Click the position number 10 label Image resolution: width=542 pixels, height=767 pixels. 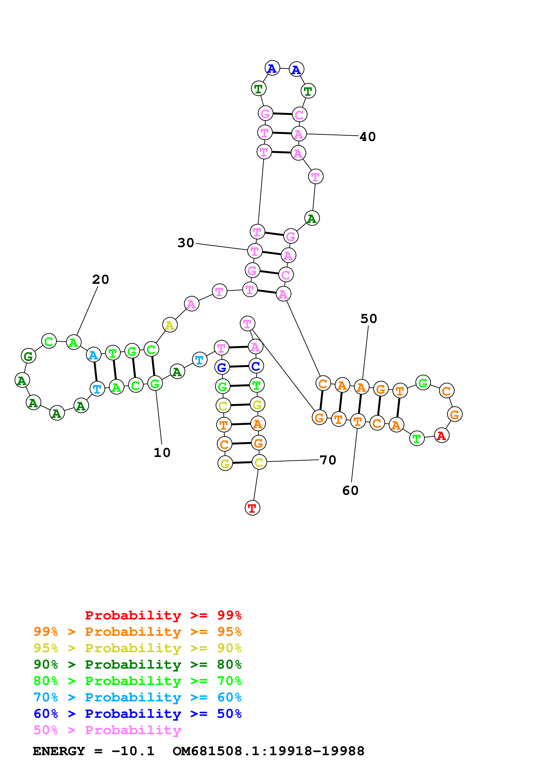click(162, 453)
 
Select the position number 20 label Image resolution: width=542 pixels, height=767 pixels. click(101, 280)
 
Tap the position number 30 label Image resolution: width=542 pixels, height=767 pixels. click(186, 243)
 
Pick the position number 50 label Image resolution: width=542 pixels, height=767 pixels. click(369, 319)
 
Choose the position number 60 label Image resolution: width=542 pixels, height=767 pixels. click(350, 490)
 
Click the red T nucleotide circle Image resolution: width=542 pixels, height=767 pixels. click(252, 508)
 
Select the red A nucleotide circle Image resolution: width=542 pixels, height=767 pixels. click(441, 436)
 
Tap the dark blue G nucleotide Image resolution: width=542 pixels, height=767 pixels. click(222, 368)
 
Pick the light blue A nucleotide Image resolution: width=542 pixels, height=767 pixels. click(94, 355)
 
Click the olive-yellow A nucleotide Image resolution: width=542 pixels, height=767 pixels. click(170, 325)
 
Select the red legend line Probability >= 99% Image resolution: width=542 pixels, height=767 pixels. click(163, 615)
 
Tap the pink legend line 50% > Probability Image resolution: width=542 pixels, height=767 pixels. click(107, 730)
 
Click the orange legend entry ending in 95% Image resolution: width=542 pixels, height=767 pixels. click(137, 632)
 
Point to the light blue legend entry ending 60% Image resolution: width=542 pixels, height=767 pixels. click(137, 697)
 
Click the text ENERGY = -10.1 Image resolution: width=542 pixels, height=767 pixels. click(94, 751)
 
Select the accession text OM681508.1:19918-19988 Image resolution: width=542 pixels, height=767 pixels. click(268, 751)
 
